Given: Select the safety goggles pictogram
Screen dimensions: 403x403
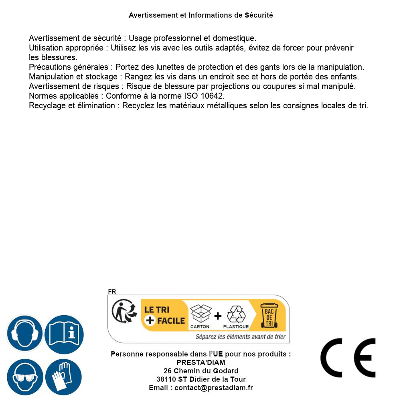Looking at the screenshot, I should pyautogui.click(x=24, y=377).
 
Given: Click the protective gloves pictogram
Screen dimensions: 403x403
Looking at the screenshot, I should pyautogui.click(x=64, y=377).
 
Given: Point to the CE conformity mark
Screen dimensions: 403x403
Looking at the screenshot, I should pyautogui.click(x=348, y=358).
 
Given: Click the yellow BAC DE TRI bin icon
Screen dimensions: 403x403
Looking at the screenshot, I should pyautogui.click(x=269, y=315).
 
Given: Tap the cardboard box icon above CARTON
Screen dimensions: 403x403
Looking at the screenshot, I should pyautogui.click(x=200, y=314).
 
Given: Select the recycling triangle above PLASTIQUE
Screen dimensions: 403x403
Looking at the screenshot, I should pyautogui.click(x=235, y=314).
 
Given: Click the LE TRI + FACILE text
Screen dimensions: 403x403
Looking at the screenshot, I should pyautogui.click(x=164, y=315).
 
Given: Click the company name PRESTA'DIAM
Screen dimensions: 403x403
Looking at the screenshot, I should pyautogui.click(x=201, y=362).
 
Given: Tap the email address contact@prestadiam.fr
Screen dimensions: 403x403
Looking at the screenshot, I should pyautogui.click(x=214, y=388).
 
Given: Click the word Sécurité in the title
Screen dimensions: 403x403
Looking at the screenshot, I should pyautogui.click(x=259, y=15).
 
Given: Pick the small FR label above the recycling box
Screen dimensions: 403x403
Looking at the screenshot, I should pyautogui.click(x=112, y=292).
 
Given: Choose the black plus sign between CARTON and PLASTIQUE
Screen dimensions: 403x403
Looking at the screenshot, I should pyautogui.click(x=218, y=316).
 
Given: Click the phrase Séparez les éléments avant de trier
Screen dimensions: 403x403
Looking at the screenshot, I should pyautogui.click(x=241, y=337).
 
